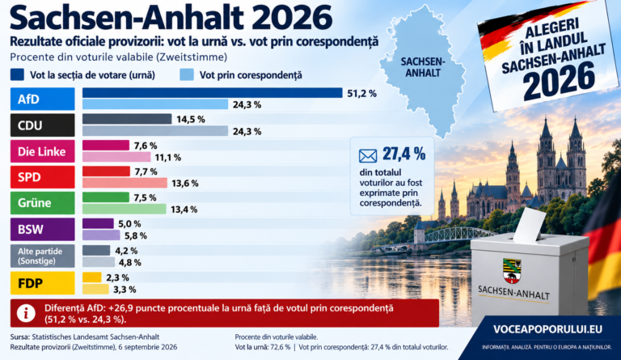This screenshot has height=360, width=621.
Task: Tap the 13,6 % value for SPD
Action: click(x=185, y=184)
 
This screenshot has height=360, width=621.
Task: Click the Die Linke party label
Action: click(x=42, y=151)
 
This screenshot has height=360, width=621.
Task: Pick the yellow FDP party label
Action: click(x=42, y=283)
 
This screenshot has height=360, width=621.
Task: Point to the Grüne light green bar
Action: click(x=125, y=209)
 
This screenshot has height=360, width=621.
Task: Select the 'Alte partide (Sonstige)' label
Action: click(x=42, y=256)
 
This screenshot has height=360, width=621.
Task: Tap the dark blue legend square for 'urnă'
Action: click(x=17, y=74)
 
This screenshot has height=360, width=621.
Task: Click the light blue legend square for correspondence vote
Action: click(x=187, y=74)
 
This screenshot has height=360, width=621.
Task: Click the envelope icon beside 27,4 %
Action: click(x=368, y=156)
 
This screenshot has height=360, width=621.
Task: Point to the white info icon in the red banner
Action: click(x=26, y=313)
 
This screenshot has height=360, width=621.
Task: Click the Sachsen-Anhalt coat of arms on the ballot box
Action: click(x=512, y=270)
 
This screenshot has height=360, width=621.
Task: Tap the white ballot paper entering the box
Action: click(x=530, y=225)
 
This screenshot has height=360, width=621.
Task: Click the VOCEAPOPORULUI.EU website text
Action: click(x=547, y=329)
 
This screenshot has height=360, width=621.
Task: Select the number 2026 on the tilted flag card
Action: click(x=560, y=82)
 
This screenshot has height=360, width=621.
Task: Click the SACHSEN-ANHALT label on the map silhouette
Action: click(x=423, y=67)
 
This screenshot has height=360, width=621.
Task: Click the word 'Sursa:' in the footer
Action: click(x=19, y=337)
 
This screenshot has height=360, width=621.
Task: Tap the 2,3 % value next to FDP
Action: click(x=117, y=277)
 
